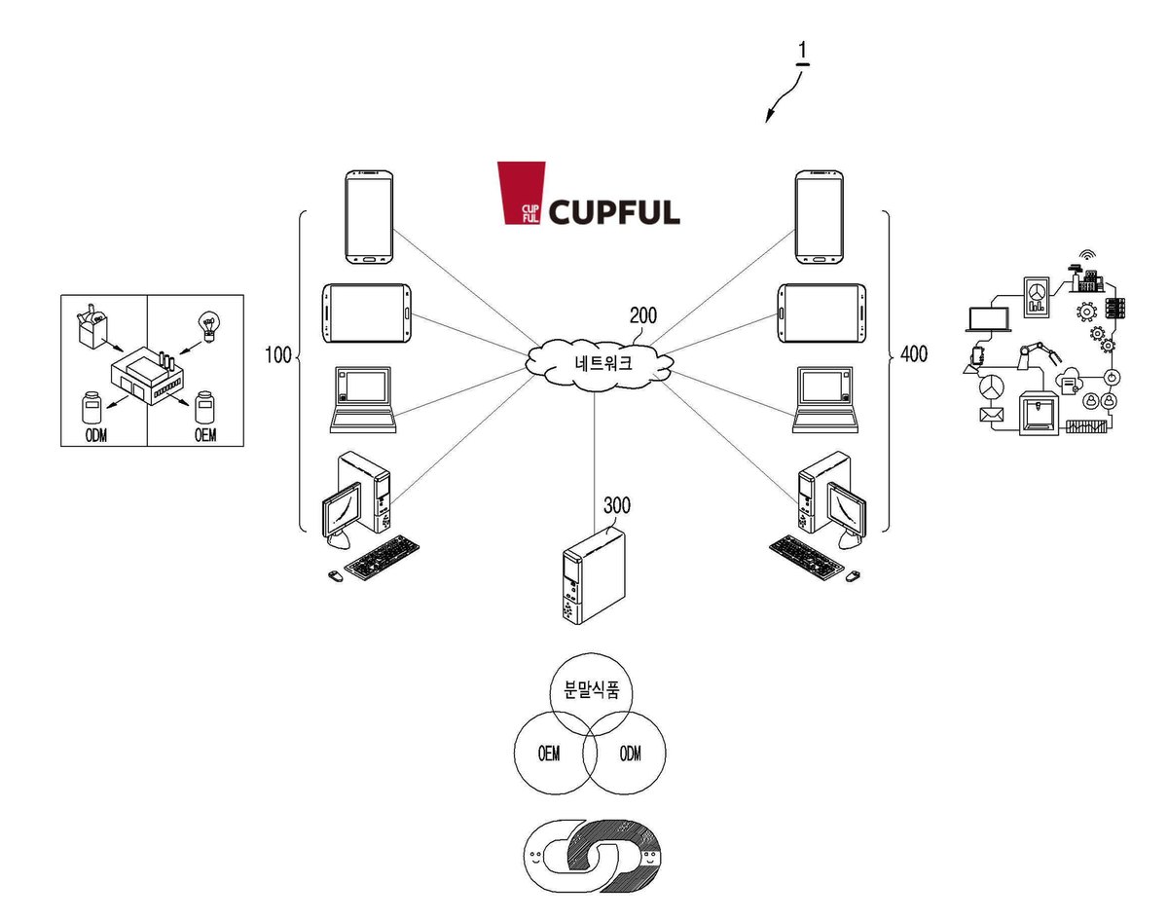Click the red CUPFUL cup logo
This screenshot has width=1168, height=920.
pyautogui.click(x=521, y=192)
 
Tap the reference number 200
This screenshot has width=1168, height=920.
pyautogui.click(x=643, y=315)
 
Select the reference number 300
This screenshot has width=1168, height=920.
pyautogui.click(x=617, y=505)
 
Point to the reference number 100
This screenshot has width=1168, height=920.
pyautogui.click(x=278, y=355)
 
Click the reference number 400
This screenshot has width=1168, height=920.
pyautogui.click(x=914, y=354)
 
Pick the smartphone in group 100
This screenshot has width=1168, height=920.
pyautogui.click(x=369, y=217)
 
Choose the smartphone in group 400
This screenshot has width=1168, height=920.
pyautogui.click(x=819, y=217)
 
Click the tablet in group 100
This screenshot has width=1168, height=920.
pyautogui.click(x=366, y=313)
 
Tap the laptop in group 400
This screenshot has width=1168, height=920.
pyautogui.click(x=825, y=400)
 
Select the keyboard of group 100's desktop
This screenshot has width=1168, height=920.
pyautogui.click(x=383, y=557)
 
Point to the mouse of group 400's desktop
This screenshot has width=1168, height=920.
pyautogui.click(x=853, y=575)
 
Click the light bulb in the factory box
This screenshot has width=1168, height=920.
pyautogui.click(x=209, y=326)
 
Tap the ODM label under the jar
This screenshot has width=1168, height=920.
pyautogui.click(x=96, y=435)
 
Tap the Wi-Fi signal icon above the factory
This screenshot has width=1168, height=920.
pyautogui.click(x=1086, y=255)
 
